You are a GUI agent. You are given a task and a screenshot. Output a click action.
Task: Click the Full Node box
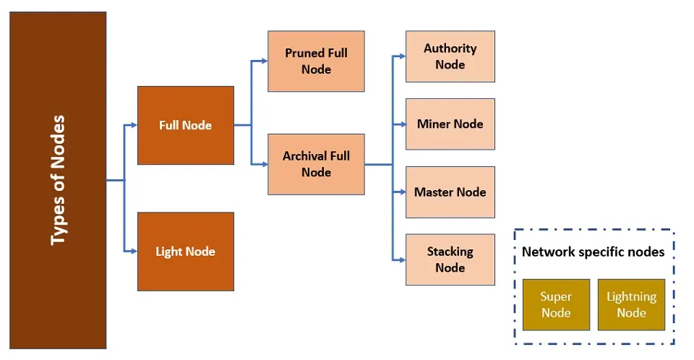pyautogui.click(x=186, y=125)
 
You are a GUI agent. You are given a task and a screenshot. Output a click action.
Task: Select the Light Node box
pyautogui.click(x=186, y=252)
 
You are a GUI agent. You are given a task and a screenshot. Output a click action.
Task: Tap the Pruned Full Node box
pyautogui.click(x=316, y=61)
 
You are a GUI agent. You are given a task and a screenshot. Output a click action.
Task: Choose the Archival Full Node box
pyautogui.click(x=316, y=164)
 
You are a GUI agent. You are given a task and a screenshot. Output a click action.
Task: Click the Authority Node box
pyautogui.click(x=450, y=56)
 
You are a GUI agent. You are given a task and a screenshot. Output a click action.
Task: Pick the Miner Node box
pyautogui.click(x=450, y=124)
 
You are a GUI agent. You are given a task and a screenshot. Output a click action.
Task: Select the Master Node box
pyautogui.click(x=450, y=192)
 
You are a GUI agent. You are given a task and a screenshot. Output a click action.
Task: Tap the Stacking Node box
pyautogui.click(x=450, y=260)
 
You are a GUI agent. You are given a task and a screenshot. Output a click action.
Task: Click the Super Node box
pyautogui.click(x=556, y=304)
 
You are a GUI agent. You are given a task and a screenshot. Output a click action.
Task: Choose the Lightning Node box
pyautogui.click(x=631, y=304)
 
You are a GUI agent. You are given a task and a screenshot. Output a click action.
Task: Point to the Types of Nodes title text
pyautogui.click(x=58, y=180)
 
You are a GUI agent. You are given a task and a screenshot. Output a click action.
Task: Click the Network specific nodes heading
pyautogui.click(x=593, y=252)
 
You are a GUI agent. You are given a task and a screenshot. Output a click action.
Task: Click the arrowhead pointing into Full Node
pyautogui.click(x=133, y=125)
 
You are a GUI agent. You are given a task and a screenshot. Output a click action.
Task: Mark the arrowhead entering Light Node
pyautogui.click(x=133, y=252)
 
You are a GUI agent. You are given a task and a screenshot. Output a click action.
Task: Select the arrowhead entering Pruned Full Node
pyautogui.click(x=264, y=61)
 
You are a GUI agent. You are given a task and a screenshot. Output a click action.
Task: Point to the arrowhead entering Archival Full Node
pyautogui.click(x=264, y=164)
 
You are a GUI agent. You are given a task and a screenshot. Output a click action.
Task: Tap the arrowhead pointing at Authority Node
pyautogui.click(x=402, y=56)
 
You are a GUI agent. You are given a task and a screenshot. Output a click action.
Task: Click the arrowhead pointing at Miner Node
pyautogui.click(x=402, y=124)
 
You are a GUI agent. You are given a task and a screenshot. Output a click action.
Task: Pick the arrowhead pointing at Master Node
pyautogui.click(x=402, y=192)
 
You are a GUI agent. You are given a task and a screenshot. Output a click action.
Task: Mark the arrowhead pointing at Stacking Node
pyautogui.click(x=402, y=260)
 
